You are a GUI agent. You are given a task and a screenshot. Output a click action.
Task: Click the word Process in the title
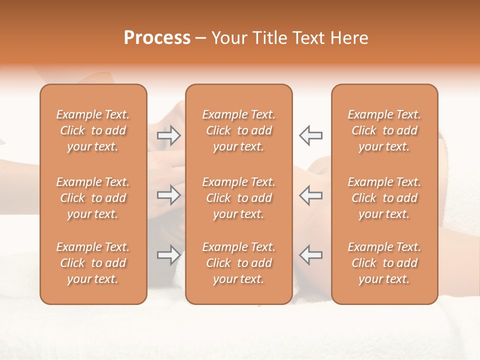157,38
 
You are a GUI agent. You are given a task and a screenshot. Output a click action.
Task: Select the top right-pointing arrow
168,135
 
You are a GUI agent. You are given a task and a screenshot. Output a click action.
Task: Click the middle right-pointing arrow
168,195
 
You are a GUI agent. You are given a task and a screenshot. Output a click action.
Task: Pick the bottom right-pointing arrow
168,255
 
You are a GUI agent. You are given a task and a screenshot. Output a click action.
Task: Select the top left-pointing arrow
310,135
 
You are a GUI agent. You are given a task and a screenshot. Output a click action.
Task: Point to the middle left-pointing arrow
310,195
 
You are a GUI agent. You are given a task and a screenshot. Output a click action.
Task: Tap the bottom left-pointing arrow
310,255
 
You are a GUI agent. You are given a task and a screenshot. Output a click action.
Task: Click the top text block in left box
93,130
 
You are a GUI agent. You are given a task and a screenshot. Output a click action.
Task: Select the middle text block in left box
93,198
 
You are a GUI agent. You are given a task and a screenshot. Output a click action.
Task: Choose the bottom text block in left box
93,263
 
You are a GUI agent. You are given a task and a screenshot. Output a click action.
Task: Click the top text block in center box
239,130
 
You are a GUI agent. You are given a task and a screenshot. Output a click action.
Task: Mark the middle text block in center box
239,198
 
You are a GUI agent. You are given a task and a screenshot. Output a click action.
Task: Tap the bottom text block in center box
239,263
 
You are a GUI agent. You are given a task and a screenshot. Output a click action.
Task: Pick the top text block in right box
384,130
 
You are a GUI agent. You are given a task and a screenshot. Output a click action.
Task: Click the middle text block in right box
384,198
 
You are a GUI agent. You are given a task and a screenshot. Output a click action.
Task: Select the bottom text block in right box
384,263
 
